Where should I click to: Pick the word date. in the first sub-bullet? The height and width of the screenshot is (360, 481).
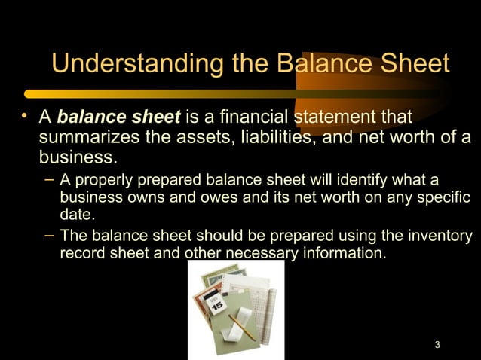pyautogui.click(x=78, y=215)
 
